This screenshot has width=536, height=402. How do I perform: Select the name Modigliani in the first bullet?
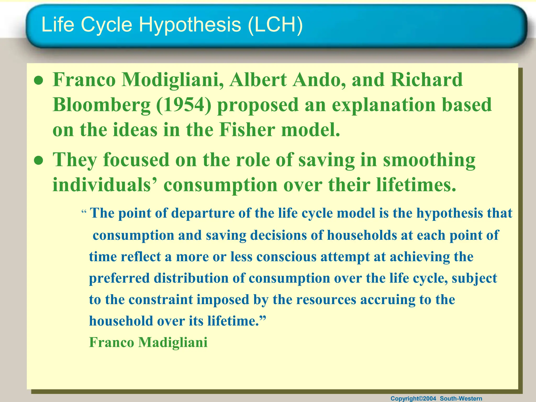pos(173,80)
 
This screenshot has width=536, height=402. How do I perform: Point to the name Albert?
pos(258,80)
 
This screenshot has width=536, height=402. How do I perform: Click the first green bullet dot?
pos(38,81)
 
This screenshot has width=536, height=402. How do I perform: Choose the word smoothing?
pos(429,160)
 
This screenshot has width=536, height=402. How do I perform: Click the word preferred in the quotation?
pos(119,278)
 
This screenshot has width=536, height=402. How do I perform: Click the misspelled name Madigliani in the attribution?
pos(173,343)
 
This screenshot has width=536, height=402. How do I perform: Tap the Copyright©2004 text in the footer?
pos(413,399)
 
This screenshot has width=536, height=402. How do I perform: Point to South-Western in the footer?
pos(461,399)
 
